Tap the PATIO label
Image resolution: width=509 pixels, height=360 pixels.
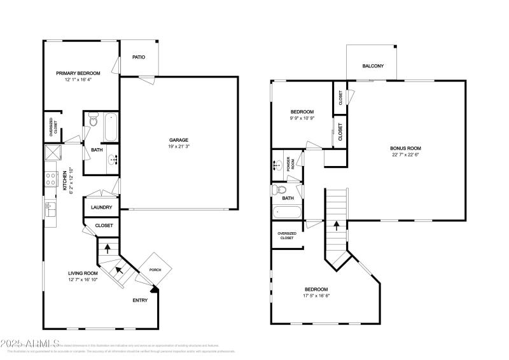(139, 57)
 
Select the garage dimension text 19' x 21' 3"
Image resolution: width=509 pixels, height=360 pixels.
(179, 147)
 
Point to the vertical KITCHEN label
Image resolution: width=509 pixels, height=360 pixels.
(65, 179)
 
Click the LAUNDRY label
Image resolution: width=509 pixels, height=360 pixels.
(102, 207)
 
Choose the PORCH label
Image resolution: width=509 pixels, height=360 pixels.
(155, 270)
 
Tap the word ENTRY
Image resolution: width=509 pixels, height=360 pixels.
(140, 300)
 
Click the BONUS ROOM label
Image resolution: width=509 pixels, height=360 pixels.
(405, 148)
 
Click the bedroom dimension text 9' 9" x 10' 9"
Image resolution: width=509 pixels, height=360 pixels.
(302, 118)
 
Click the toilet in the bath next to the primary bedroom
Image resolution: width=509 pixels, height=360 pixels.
(92, 118)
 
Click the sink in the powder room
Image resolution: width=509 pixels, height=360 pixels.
(279, 165)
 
